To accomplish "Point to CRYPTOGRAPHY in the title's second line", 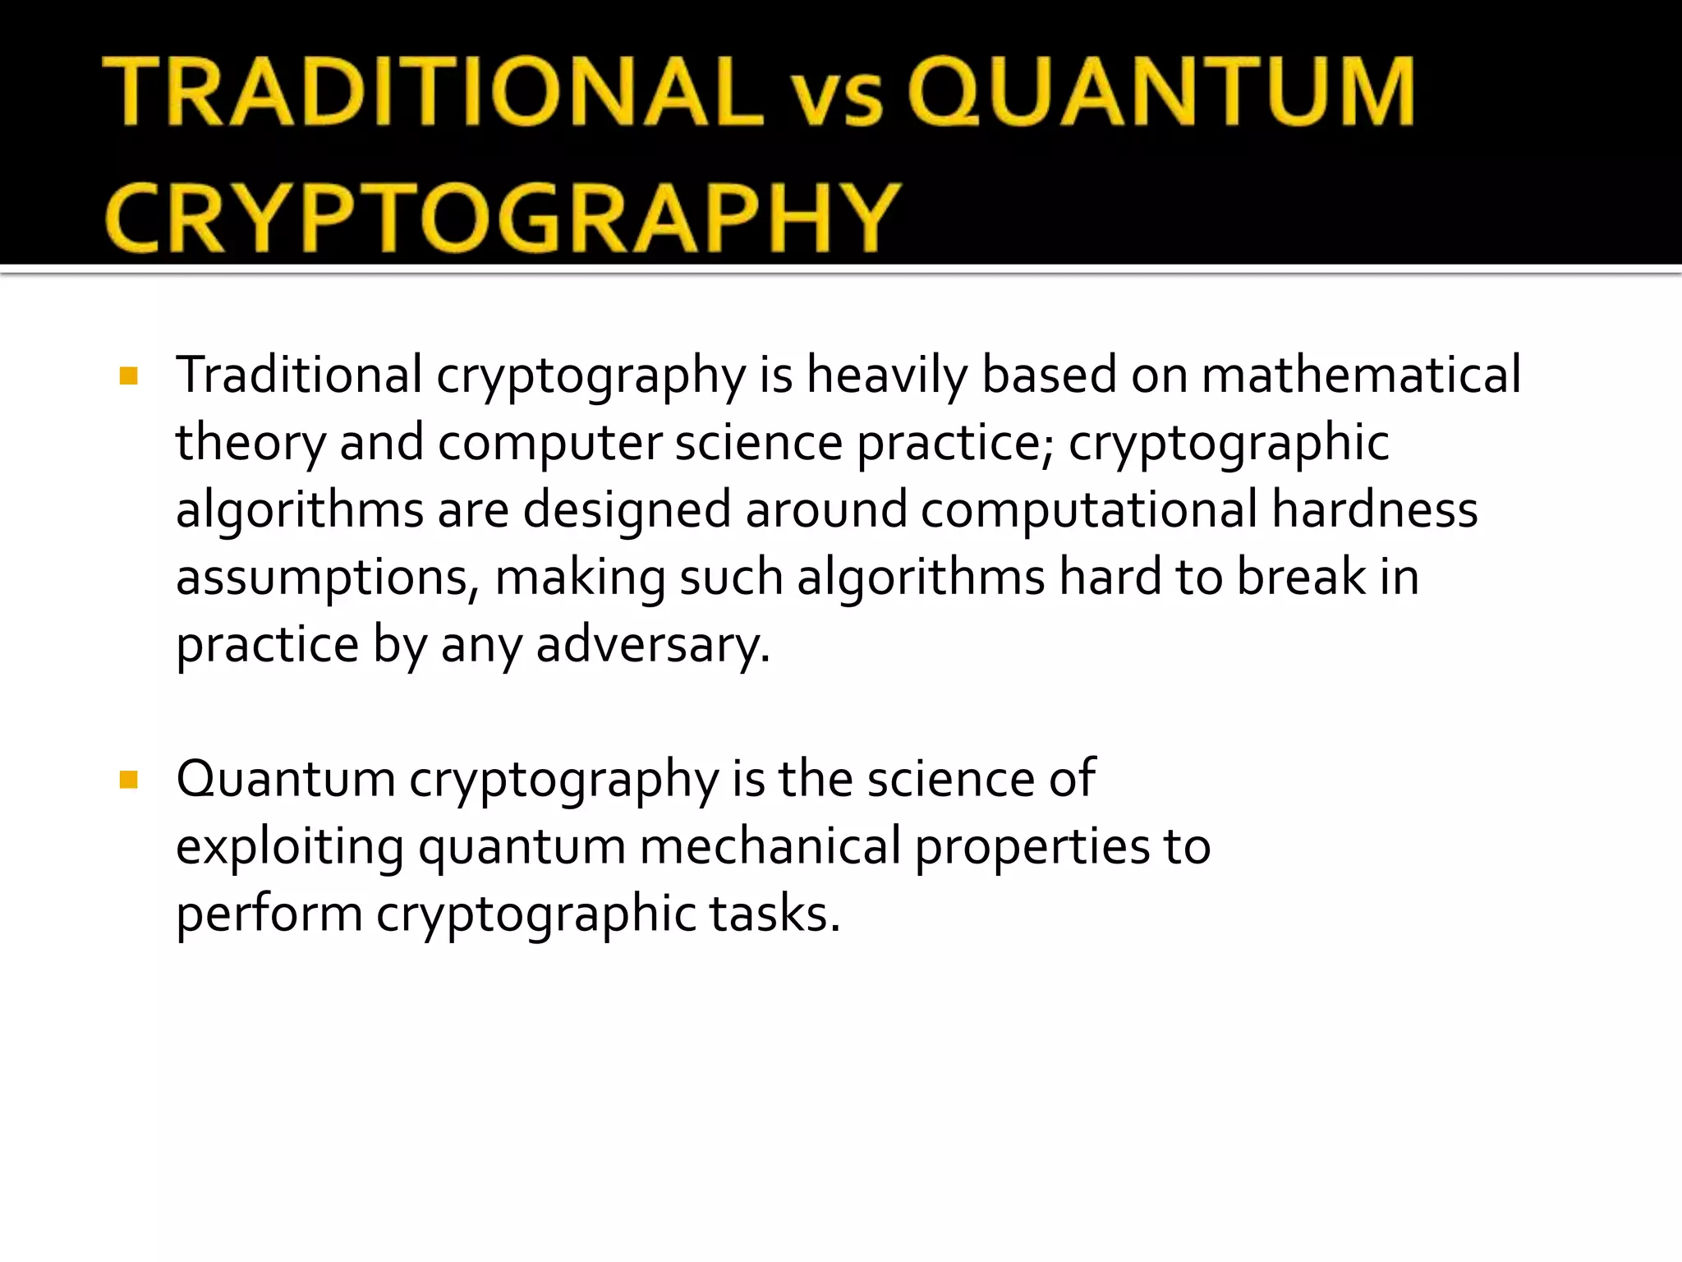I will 503,217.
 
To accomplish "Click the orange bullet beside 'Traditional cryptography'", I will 128,376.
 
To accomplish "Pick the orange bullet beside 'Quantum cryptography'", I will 128,779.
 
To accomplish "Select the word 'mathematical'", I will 1361,375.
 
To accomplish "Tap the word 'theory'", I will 250,444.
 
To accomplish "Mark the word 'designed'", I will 627,511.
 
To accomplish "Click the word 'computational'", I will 1089,511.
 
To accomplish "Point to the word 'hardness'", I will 1375,509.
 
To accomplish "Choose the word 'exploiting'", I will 290,848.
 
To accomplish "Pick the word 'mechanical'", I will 770,846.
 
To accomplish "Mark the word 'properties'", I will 1032,848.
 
